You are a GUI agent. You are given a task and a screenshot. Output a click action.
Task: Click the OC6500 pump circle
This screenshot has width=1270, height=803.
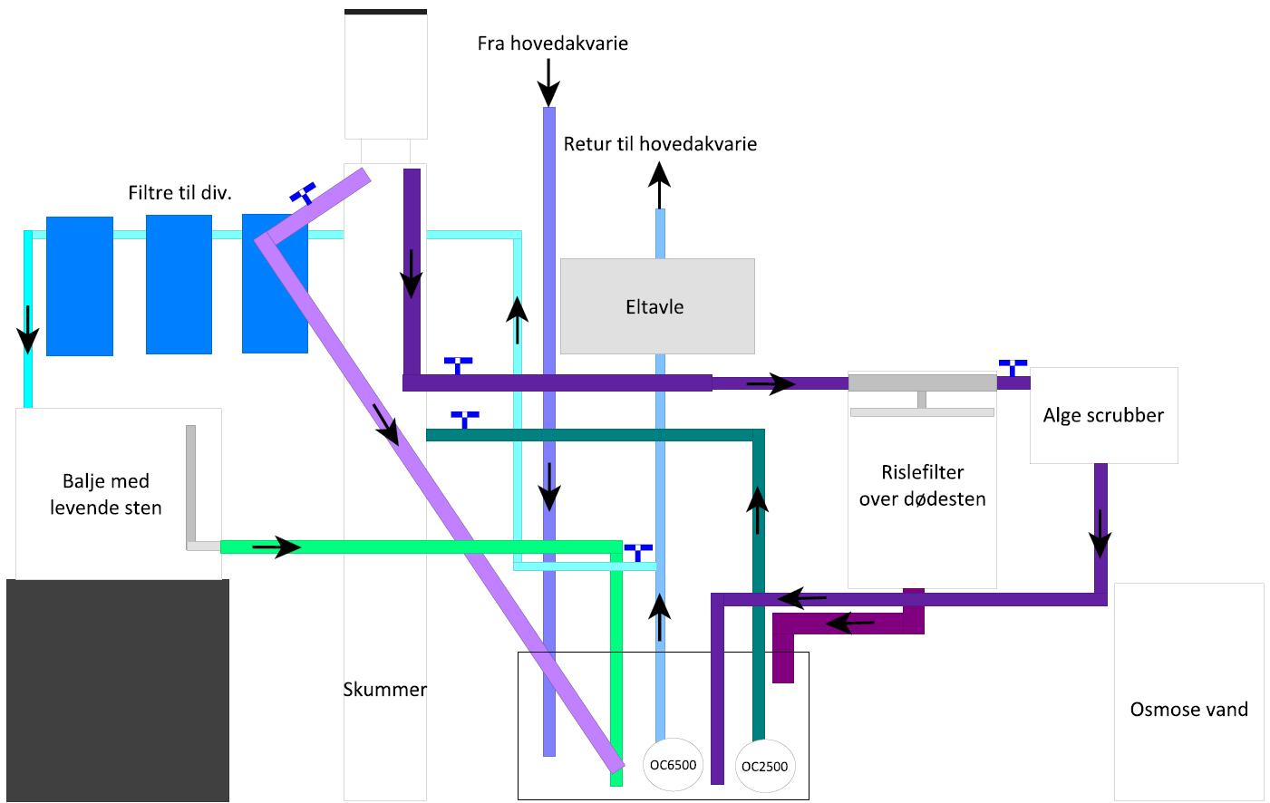point(673,765)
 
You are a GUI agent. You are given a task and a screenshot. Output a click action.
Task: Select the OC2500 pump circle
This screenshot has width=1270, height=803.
point(764,766)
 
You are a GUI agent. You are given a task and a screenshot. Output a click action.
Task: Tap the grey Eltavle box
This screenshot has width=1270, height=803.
point(657,306)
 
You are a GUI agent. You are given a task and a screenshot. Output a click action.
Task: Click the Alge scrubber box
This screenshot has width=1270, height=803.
point(1103,415)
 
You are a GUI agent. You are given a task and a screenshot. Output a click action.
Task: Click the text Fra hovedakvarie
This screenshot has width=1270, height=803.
point(552,44)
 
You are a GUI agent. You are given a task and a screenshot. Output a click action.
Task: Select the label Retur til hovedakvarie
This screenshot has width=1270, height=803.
point(660,143)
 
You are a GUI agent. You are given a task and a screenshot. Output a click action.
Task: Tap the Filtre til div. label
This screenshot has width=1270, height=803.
point(179,192)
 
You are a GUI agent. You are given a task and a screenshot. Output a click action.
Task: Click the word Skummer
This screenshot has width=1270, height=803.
point(384,690)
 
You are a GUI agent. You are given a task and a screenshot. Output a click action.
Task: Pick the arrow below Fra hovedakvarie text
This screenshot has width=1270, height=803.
point(548,82)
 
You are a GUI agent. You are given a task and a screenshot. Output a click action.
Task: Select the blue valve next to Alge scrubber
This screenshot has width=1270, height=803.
point(1013,367)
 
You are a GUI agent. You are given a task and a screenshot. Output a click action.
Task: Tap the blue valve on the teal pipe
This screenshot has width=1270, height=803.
point(465,420)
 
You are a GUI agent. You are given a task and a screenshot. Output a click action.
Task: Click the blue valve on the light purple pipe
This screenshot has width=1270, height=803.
point(303,193)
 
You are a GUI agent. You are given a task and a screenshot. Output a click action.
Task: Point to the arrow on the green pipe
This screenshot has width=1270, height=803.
point(276,547)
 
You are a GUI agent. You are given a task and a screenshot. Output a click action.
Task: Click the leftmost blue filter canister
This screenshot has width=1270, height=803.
point(80,285)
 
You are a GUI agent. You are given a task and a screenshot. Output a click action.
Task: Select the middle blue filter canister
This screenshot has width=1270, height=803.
point(179,284)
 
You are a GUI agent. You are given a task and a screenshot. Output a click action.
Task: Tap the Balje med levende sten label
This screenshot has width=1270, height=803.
point(106,494)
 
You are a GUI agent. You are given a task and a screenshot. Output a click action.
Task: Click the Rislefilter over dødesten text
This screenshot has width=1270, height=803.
point(922,485)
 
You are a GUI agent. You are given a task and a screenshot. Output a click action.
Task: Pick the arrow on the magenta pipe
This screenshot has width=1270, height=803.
point(851,624)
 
